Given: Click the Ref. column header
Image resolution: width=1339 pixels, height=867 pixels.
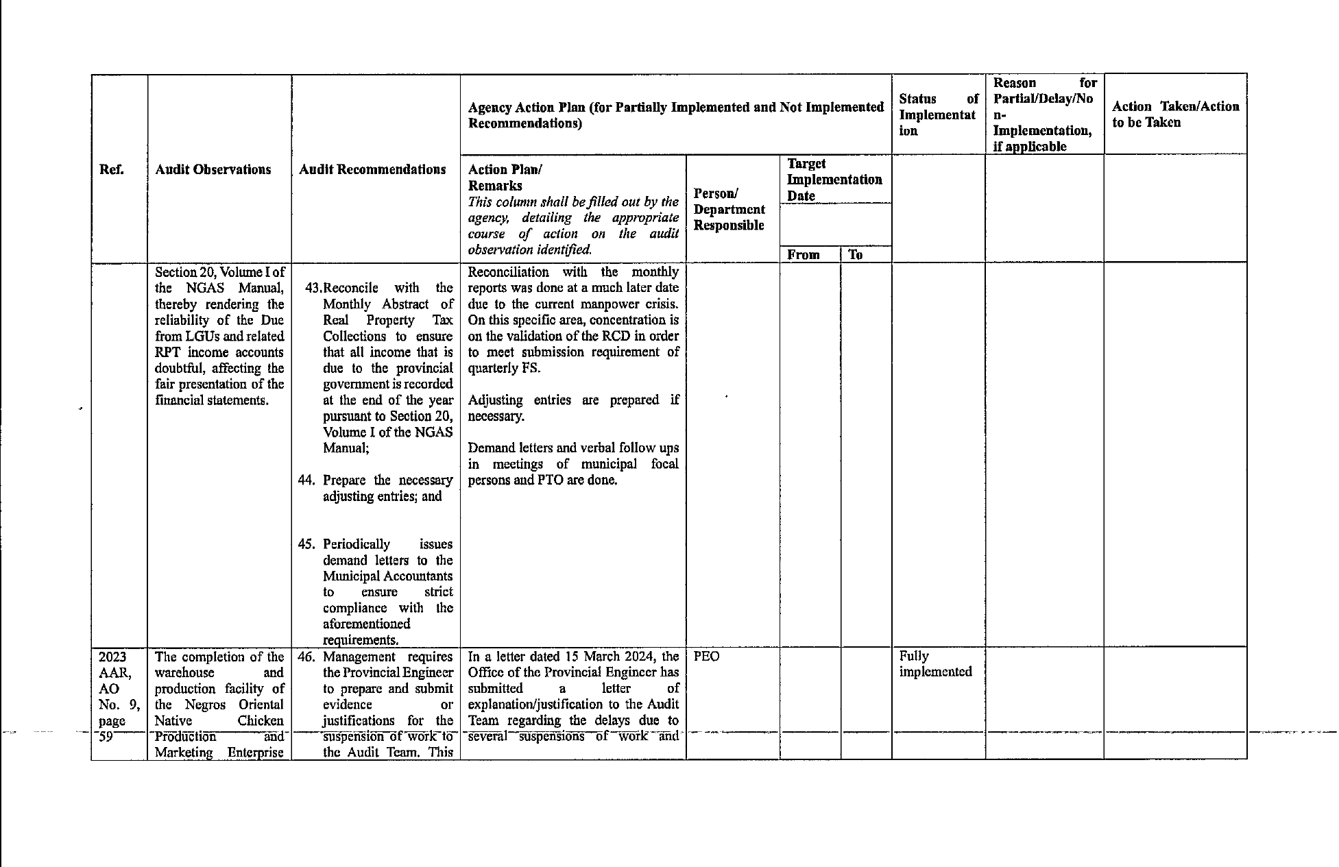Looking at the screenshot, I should (x=112, y=169).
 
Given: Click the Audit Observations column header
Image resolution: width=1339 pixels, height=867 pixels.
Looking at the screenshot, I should (x=213, y=169).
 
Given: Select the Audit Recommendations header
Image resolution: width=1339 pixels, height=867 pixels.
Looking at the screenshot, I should (x=372, y=169).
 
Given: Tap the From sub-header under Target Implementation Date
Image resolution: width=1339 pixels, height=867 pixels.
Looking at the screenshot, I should (x=804, y=255).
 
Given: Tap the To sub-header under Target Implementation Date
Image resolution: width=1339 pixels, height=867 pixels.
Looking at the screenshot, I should (x=856, y=255).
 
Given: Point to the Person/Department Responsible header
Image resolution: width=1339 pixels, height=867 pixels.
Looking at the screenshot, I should (x=729, y=209).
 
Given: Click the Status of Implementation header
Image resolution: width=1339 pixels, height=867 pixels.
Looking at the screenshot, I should (x=938, y=114).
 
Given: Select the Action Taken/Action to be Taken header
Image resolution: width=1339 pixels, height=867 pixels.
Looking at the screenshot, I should (x=1175, y=114).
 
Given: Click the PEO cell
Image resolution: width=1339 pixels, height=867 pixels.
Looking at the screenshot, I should (x=707, y=656).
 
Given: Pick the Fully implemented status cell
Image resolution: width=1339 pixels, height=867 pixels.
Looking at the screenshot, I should (x=935, y=663).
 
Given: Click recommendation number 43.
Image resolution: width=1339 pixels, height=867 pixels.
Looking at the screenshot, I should (x=313, y=288).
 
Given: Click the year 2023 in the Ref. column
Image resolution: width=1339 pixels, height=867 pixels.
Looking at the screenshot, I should (x=112, y=656).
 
